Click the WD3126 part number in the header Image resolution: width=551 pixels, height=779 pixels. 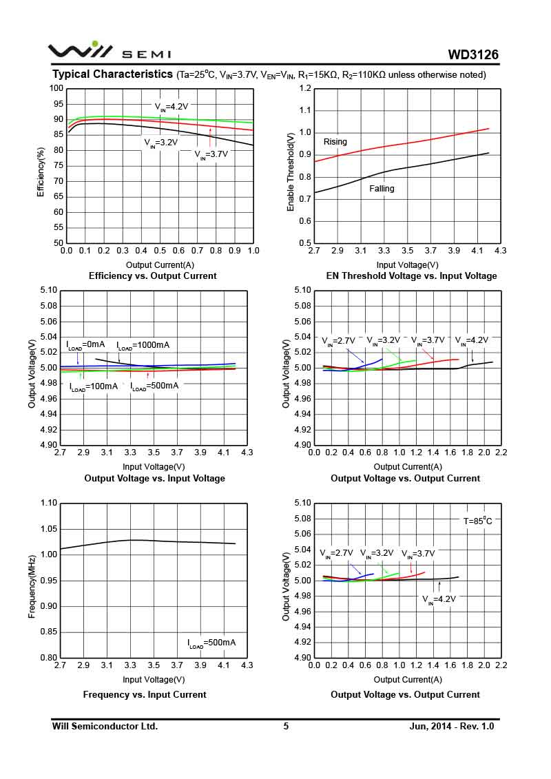(x=472, y=54)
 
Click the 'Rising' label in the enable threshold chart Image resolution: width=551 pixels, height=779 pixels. (x=335, y=142)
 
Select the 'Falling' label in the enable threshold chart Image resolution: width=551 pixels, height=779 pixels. (x=382, y=188)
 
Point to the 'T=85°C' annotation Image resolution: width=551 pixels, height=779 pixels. (x=477, y=521)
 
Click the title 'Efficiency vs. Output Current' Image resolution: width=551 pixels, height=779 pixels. (x=153, y=276)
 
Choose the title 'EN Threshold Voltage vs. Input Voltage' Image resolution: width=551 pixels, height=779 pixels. (x=411, y=276)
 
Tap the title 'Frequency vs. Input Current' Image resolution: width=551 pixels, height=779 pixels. (x=145, y=695)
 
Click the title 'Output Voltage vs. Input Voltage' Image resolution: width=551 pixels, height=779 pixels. (x=154, y=479)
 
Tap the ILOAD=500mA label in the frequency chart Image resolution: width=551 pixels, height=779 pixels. (x=211, y=643)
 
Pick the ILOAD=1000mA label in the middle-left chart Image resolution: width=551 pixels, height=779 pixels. (x=143, y=345)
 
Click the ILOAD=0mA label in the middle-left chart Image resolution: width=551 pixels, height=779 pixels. (x=85, y=345)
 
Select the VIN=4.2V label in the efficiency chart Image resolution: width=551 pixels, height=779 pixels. (x=171, y=107)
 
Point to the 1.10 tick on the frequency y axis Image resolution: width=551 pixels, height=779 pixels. (x=48, y=503)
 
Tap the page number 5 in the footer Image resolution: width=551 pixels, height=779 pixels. (x=286, y=726)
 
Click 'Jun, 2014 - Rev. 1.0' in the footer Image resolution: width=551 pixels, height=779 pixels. (x=452, y=726)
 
